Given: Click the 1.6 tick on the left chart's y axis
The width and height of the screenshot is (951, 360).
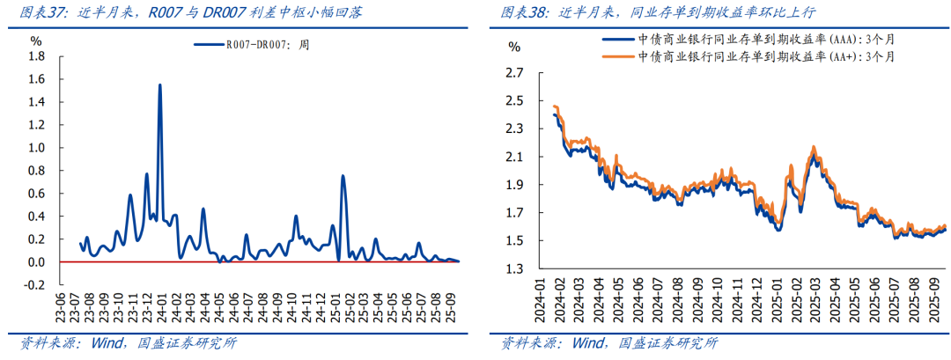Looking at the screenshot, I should (36, 79).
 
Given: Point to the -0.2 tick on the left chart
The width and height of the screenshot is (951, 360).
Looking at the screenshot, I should (34, 285).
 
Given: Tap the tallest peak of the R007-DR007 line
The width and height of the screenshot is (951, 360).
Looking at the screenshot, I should (159, 85).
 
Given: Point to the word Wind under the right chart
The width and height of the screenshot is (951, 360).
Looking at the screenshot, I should (589, 342).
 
